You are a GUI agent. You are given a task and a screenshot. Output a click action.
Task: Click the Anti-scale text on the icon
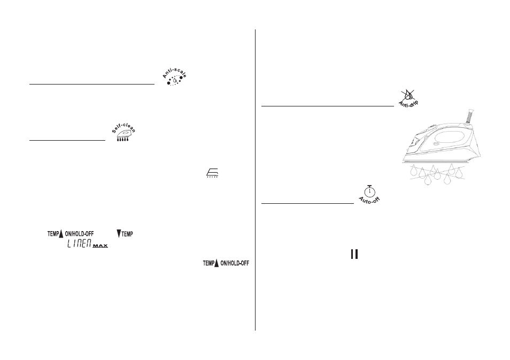(x=175, y=72)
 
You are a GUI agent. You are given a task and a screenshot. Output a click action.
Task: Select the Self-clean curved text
(x=123, y=127)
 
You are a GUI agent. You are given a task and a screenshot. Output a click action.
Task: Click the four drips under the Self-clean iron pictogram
(x=122, y=139)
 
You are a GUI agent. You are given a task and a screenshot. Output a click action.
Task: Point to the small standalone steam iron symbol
(x=212, y=173)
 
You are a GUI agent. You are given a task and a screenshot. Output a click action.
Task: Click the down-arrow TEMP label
(x=125, y=233)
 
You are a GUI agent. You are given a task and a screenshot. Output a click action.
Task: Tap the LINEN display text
(x=79, y=243)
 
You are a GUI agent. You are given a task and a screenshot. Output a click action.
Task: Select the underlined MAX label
(x=100, y=246)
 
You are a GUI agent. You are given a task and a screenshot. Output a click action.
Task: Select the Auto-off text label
(x=369, y=200)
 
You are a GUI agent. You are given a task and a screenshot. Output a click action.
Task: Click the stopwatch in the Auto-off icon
(x=369, y=191)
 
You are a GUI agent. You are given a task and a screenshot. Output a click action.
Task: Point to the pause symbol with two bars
(x=354, y=254)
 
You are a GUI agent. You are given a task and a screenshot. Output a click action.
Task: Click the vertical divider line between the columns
(x=256, y=180)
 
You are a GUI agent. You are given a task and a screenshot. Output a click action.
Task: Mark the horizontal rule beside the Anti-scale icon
(x=92, y=84)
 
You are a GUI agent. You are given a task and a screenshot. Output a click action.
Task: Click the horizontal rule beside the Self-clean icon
(x=67, y=140)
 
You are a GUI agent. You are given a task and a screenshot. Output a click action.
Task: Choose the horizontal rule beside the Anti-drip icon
(x=328, y=106)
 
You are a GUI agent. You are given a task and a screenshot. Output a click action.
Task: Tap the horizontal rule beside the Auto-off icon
(x=307, y=203)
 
